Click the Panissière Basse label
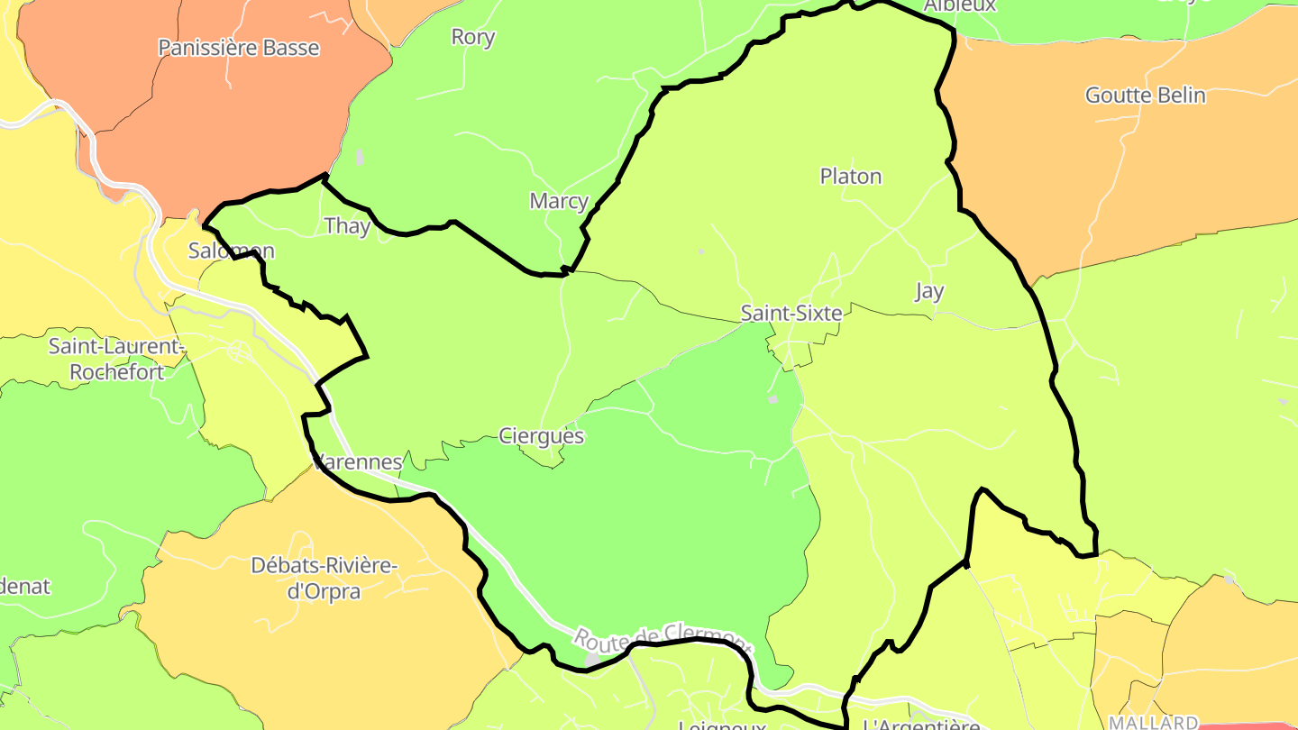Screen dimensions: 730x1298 239,48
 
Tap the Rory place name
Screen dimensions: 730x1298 473,37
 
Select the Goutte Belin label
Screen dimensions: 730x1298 1145,95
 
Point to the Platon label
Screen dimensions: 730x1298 851,176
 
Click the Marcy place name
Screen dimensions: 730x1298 559,201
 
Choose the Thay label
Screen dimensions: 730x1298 347,226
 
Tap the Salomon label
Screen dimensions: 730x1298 231,251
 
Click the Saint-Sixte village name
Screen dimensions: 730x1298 791,314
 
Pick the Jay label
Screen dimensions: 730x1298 929,291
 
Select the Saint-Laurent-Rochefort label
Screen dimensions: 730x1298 117,359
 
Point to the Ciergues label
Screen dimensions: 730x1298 542,436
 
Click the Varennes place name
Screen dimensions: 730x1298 358,462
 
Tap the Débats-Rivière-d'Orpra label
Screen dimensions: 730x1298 324,579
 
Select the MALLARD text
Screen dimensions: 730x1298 1153,723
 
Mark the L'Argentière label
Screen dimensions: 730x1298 920,725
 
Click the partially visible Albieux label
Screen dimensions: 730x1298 960,5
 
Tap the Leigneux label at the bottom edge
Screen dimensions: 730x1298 721,725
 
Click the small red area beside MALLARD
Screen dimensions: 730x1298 1248,725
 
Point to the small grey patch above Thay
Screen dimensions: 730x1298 360,158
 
